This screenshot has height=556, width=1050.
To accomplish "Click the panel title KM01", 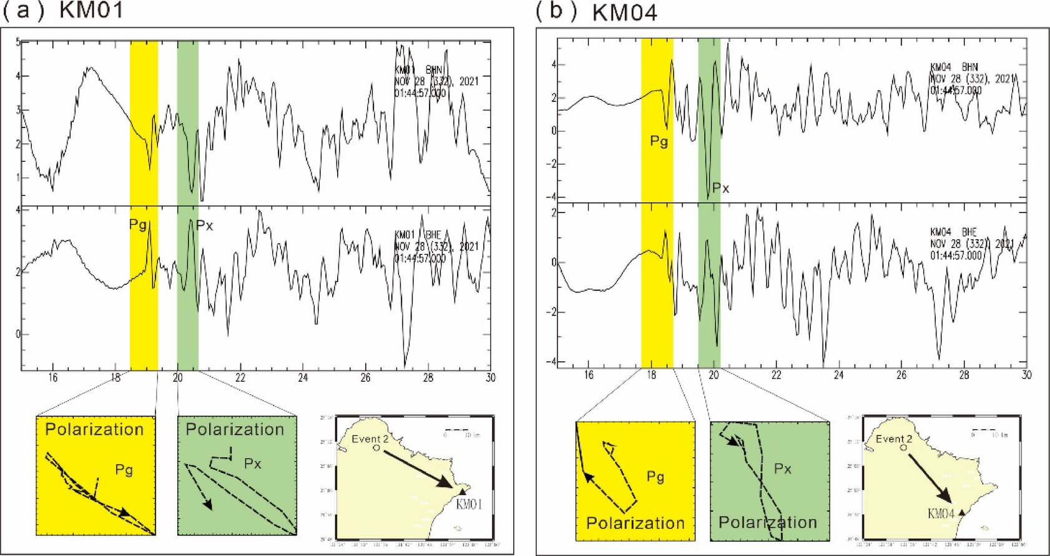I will tap(91, 11).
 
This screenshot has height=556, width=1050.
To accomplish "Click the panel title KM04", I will tap(624, 12).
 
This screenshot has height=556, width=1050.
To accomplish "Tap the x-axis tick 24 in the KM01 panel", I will tap(303, 377).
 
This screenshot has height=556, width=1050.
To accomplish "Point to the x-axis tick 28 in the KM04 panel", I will tap(964, 375).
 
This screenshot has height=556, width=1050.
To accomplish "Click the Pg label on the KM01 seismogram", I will tap(138, 224).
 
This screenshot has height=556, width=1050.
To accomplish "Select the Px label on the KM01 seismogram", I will tap(205, 226).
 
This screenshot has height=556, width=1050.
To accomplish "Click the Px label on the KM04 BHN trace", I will tap(720, 188).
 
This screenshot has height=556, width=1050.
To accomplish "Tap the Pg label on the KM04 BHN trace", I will tap(659, 141).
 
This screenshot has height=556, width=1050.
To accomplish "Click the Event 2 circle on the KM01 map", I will tap(376, 448).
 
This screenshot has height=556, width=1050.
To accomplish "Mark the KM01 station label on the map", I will tap(469, 504).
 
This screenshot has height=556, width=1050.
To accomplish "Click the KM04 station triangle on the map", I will tap(961, 512).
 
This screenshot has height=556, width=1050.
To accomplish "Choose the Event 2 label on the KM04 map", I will tap(893, 439).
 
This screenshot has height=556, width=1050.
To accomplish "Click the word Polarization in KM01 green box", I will tap(235, 429).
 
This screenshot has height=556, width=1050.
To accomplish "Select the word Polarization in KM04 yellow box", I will tap(635, 523).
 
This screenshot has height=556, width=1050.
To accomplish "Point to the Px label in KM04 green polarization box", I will tap(782, 469).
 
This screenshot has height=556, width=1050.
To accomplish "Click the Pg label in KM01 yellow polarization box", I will tap(124, 469).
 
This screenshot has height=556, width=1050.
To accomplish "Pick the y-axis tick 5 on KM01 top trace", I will tap(18, 42).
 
